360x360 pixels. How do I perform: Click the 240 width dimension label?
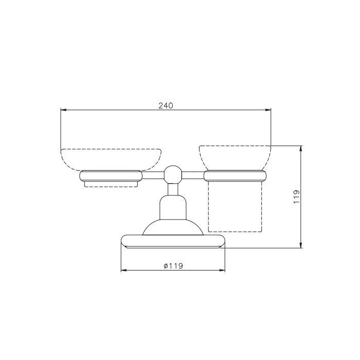(x=166, y=105)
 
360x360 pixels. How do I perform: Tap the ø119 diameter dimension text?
(x=173, y=266)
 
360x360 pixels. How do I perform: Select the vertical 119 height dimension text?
(x=296, y=196)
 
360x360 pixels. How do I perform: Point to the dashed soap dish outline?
(x=111, y=150)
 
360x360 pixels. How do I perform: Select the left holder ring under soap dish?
(x=111, y=176)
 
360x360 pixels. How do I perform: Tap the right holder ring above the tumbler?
(x=235, y=176)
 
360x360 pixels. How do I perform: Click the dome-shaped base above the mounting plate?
(x=173, y=227)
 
